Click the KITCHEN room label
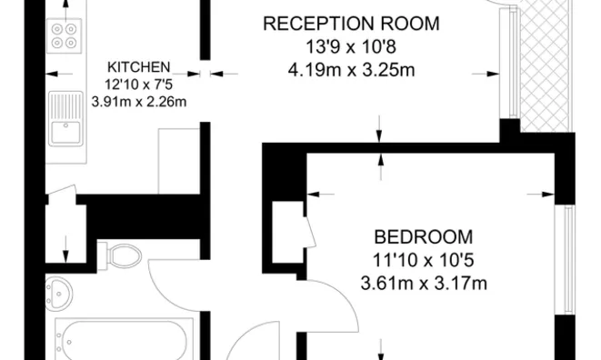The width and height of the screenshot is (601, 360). [139, 67]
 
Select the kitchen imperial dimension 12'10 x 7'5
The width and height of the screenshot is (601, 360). [139, 85]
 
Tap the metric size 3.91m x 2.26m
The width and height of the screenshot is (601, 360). [139, 101]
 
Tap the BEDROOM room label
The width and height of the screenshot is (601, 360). [423, 235]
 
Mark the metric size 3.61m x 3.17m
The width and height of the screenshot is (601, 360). [423, 283]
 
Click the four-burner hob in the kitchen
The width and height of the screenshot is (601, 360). [65, 35]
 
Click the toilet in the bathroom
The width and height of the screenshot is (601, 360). [118, 255]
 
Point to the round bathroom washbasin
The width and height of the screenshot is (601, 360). [62, 293]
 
